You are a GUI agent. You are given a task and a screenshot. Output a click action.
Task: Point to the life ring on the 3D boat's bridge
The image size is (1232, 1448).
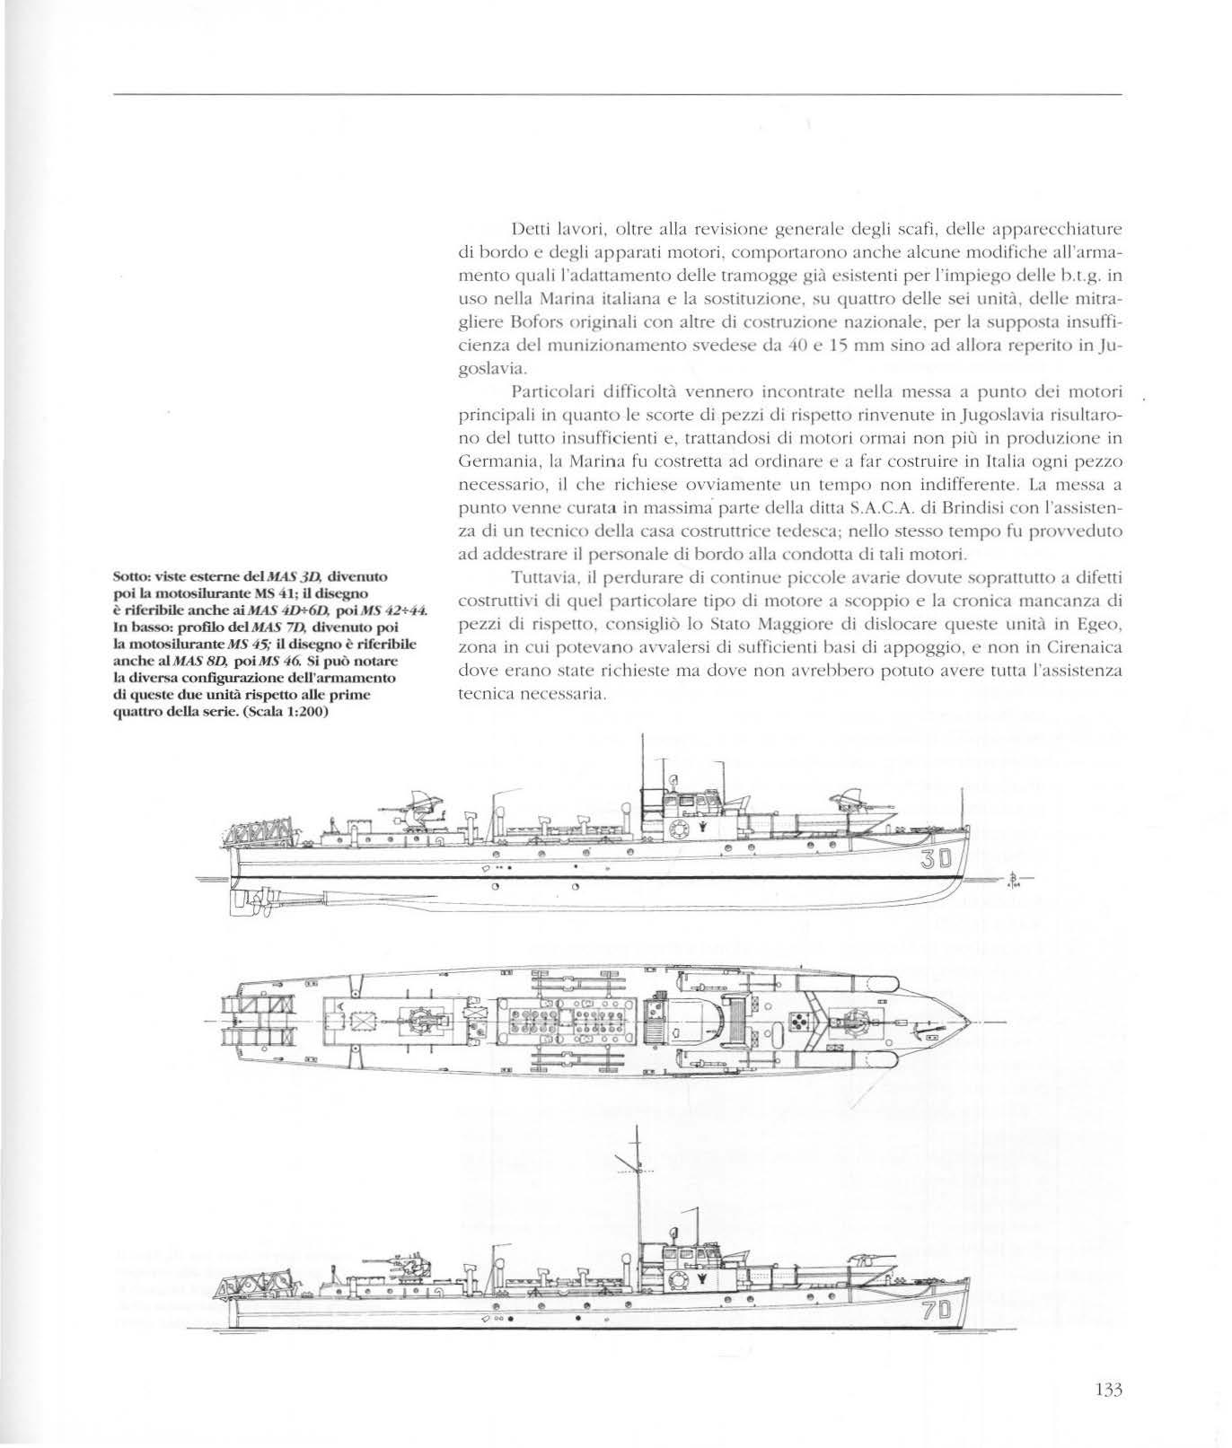(x=675, y=827)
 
